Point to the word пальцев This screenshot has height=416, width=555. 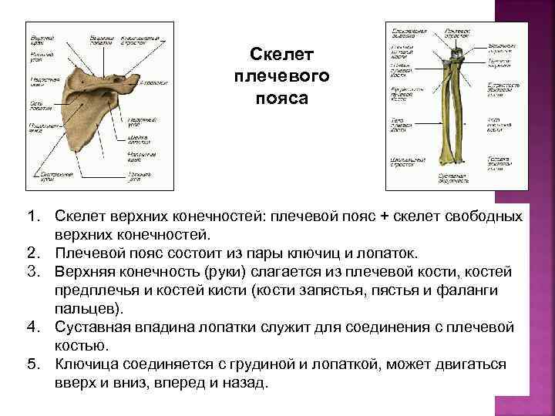click(86, 309)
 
